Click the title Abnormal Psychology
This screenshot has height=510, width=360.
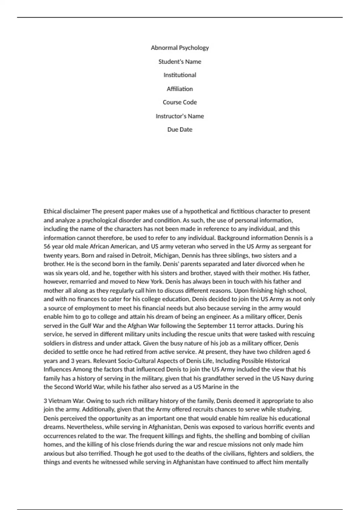point(180,48)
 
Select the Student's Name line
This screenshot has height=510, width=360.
point(180,61)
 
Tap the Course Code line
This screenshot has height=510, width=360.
point(180,102)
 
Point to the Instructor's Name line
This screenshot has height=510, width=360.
point(180,116)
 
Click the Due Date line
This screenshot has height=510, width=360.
point(180,130)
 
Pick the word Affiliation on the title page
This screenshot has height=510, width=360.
point(180,89)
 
